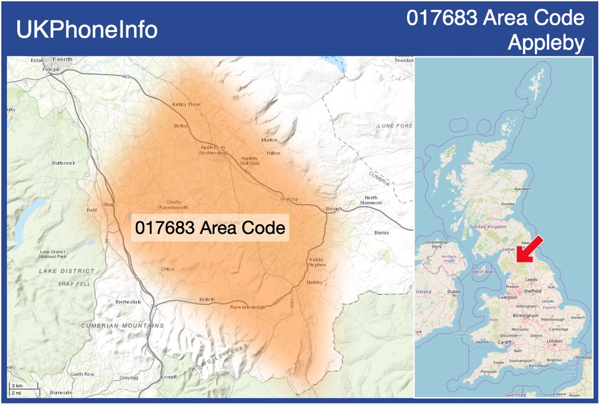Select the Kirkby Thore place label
tap(186, 104)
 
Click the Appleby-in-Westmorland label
tap(213, 150)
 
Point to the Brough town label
tap(333, 209)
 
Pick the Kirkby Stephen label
tap(317, 262)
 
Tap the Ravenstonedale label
tap(248, 307)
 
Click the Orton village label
tap(167, 269)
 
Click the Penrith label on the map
tap(62, 59)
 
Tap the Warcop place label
tap(289, 199)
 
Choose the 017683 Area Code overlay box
tap(210, 228)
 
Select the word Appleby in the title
tap(546, 43)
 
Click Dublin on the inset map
tap(454, 292)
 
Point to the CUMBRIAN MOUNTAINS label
tap(122, 326)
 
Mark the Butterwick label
tap(63, 163)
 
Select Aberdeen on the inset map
tap(522, 189)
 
